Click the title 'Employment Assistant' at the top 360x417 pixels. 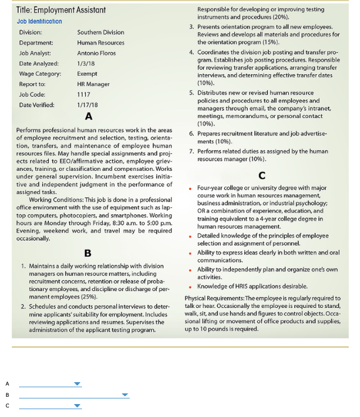click(x=61, y=10)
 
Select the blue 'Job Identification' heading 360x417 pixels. click(x=39, y=21)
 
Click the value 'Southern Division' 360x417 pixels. click(x=101, y=32)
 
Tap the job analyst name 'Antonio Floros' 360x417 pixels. click(x=97, y=53)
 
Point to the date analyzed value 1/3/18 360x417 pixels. click(x=85, y=63)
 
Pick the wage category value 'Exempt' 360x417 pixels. click(x=87, y=74)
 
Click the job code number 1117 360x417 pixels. click(x=84, y=94)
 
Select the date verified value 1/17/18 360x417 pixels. click(x=87, y=105)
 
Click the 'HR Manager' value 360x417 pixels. click(x=93, y=84)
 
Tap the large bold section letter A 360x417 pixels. click(x=88, y=117)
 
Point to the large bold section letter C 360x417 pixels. click(x=262, y=175)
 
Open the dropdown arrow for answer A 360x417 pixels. click(x=78, y=384)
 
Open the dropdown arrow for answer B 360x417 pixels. click(x=125, y=395)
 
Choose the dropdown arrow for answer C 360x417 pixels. click(x=78, y=405)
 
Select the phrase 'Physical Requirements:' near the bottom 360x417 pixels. click(x=215, y=298)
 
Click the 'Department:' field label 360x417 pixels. click(x=36, y=42)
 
